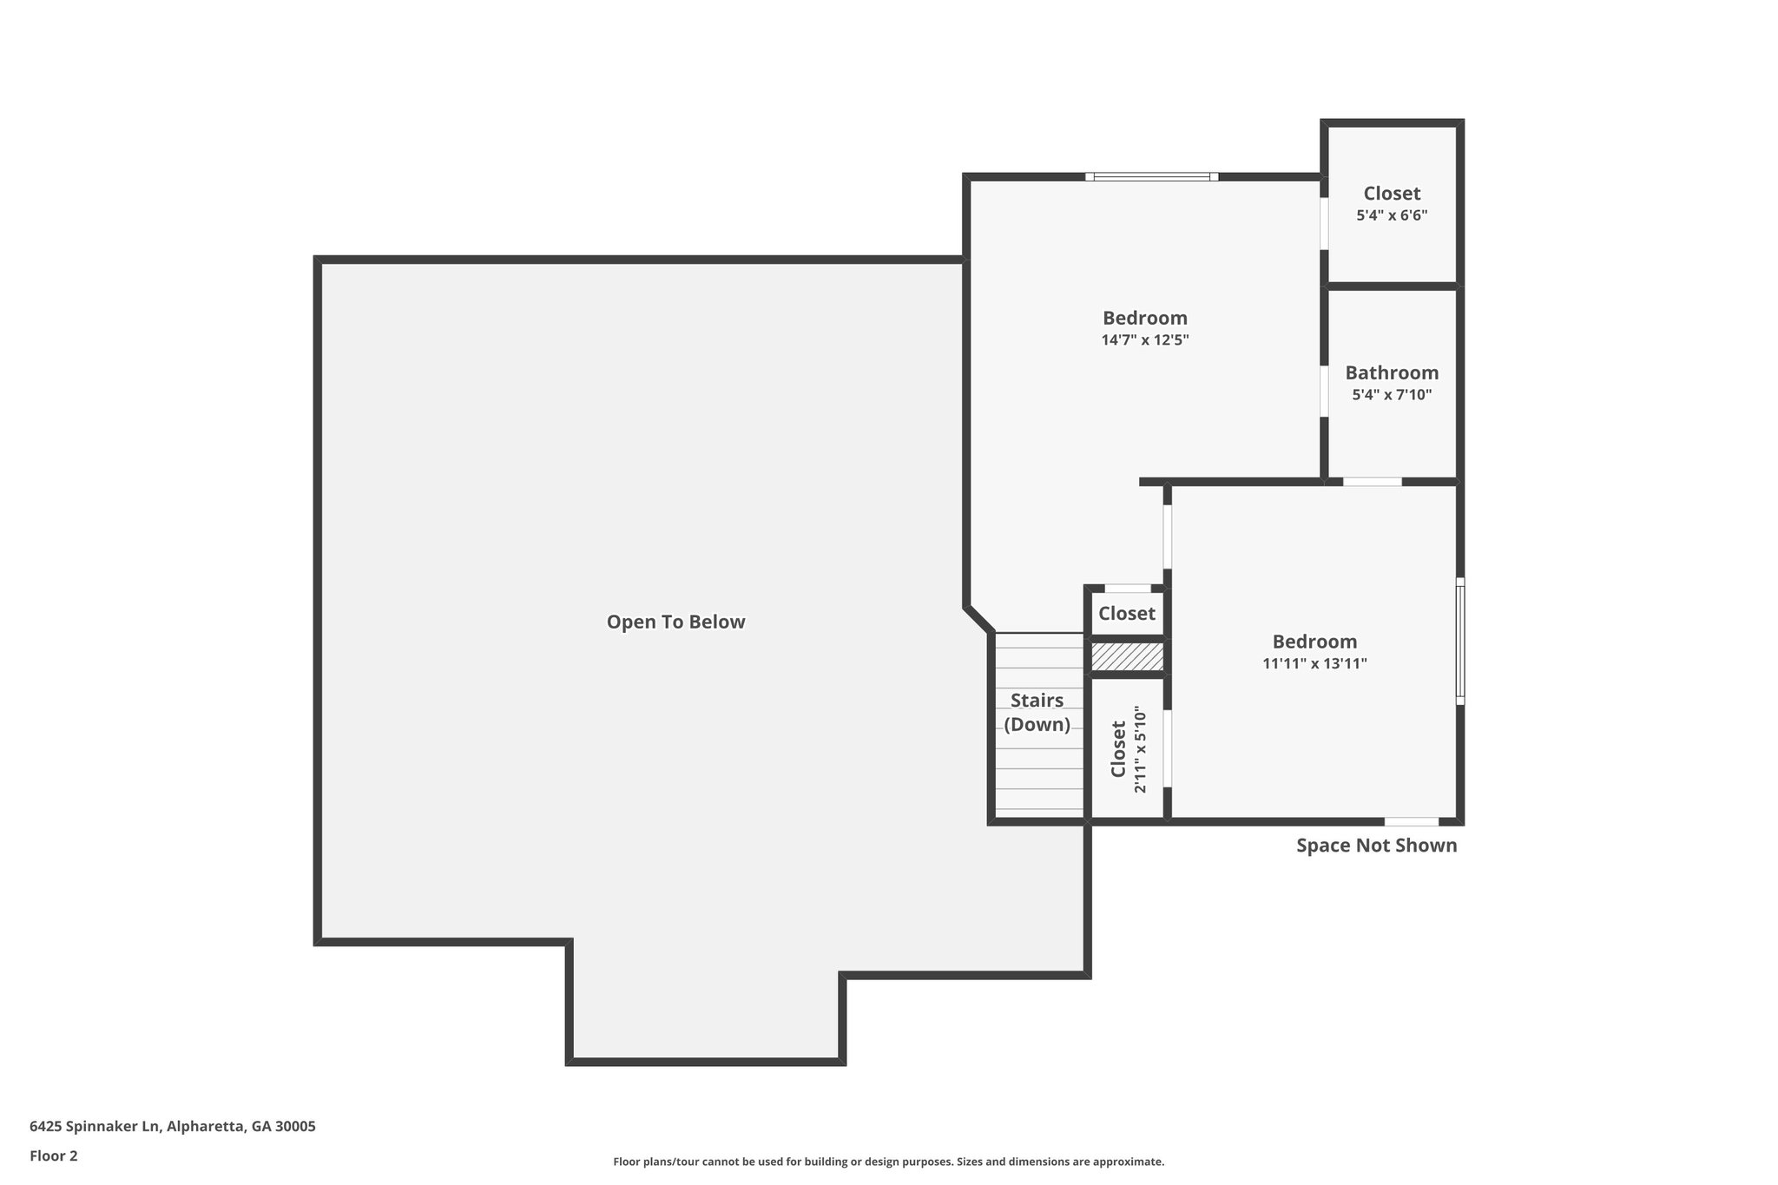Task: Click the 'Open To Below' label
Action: click(x=675, y=622)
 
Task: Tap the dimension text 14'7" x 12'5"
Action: click(x=1144, y=340)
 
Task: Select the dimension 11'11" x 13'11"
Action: click(x=1314, y=664)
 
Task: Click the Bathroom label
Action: click(x=1392, y=372)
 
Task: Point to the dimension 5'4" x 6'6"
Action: click(x=1392, y=215)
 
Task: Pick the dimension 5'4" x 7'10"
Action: click(x=1392, y=395)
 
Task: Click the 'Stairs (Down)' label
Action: click(x=1037, y=712)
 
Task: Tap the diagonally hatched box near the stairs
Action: click(x=1127, y=656)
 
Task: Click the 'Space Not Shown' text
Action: click(x=1376, y=845)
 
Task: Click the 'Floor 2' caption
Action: click(x=54, y=1155)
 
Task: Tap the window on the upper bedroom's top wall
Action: click(x=1151, y=177)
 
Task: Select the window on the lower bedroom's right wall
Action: click(x=1460, y=641)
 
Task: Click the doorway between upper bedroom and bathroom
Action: click(x=1324, y=391)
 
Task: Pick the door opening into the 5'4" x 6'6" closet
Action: click(x=1324, y=224)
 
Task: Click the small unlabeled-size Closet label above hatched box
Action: click(x=1126, y=613)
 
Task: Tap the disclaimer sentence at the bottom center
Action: click(x=888, y=1162)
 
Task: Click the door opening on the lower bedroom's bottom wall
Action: click(x=1411, y=821)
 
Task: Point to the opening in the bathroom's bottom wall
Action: click(x=1372, y=482)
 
